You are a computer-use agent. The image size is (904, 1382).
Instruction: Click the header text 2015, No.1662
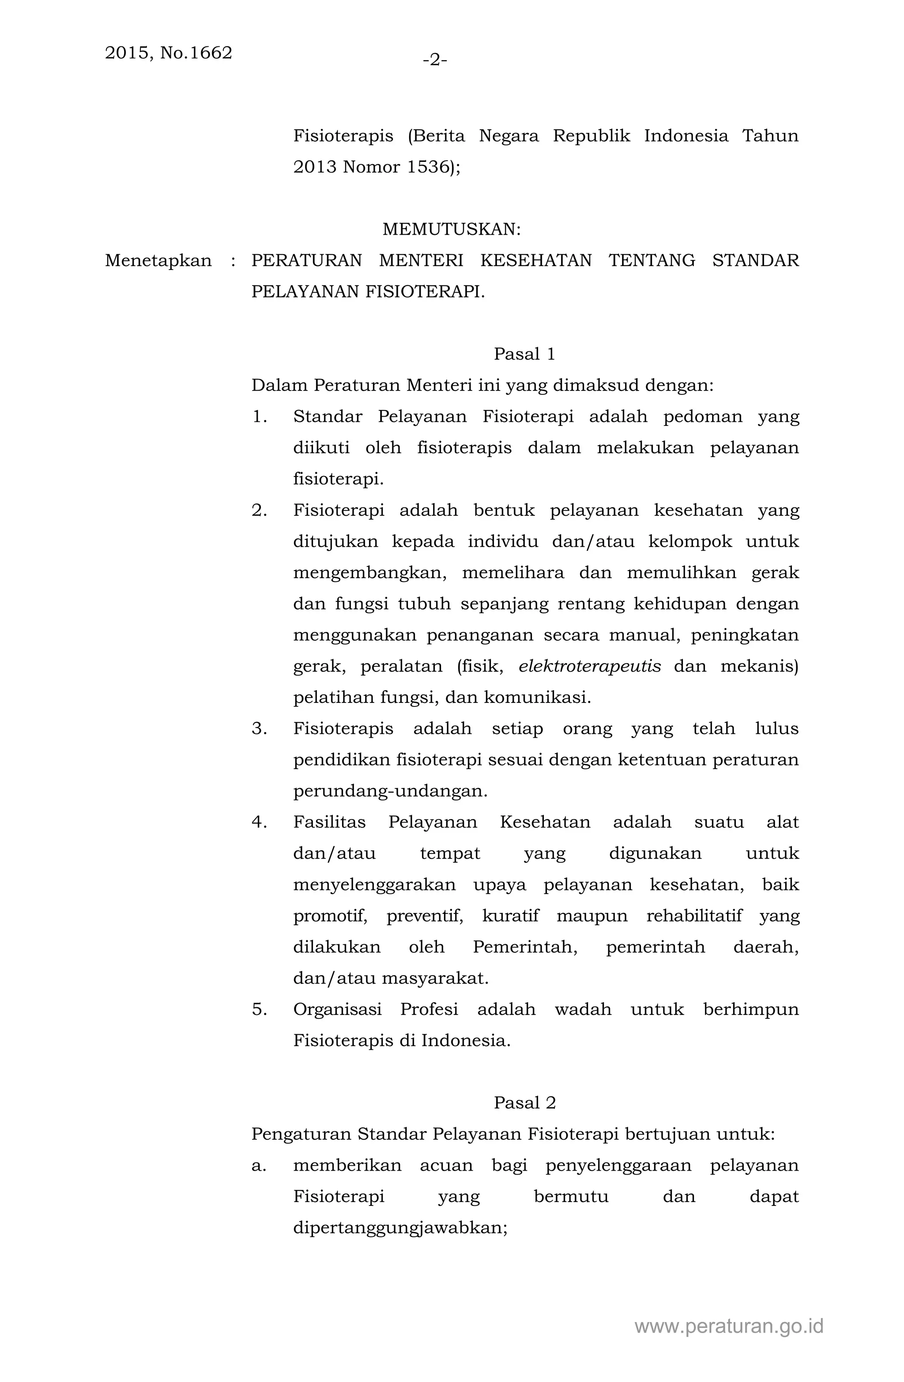tap(169, 53)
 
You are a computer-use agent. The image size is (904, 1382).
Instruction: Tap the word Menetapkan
tap(158, 261)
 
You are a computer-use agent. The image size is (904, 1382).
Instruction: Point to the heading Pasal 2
tap(524, 1103)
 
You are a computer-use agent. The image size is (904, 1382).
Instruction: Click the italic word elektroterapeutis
tap(589, 666)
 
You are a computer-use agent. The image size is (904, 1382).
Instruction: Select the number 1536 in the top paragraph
tap(428, 167)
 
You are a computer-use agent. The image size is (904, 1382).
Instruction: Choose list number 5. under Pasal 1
tap(259, 1009)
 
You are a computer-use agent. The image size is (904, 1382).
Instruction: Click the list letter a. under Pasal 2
tap(259, 1165)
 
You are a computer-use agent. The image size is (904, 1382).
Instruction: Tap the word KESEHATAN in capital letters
tap(536, 261)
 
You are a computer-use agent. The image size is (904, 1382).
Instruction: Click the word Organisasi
tap(337, 1009)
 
